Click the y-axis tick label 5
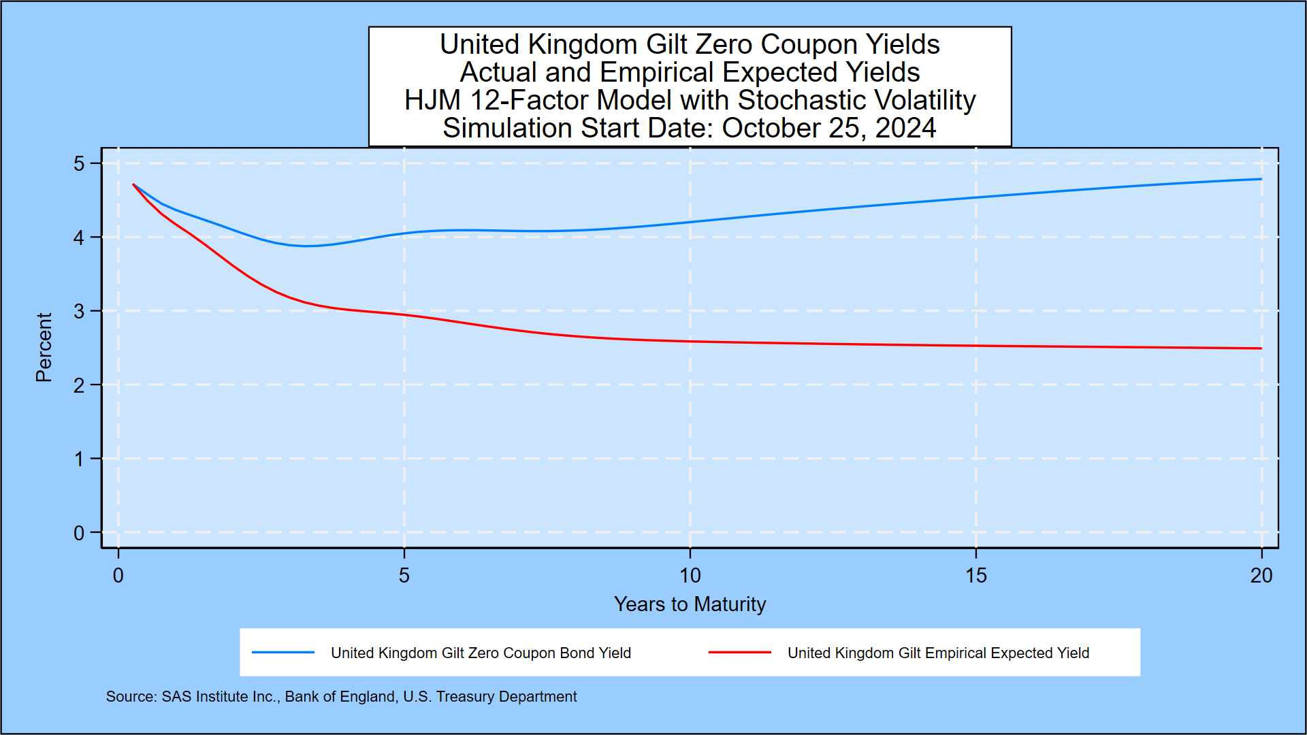point(79,164)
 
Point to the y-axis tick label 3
point(79,312)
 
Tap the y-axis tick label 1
point(79,459)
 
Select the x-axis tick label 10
point(690,576)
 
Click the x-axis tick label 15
point(975,576)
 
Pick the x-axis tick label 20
point(1261,576)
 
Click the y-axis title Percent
point(44,347)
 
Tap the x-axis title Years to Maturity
point(690,604)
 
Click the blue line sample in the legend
point(283,653)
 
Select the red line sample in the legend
point(739,653)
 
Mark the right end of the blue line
point(1261,179)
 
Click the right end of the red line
point(1261,348)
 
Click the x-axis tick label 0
point(118,576)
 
